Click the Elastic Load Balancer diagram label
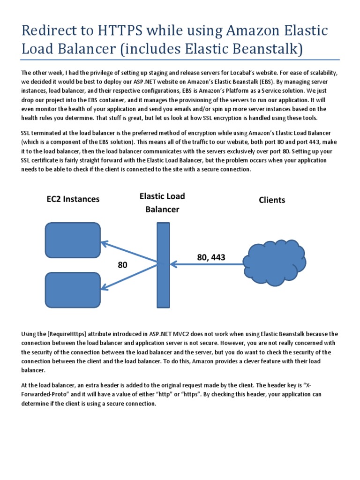point(162,202)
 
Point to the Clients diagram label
point(272,200)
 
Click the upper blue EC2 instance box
point(72,239)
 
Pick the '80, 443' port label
point(211,257)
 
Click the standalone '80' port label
point(122,265)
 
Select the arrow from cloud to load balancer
point(207,265)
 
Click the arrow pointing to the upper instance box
point(128,253)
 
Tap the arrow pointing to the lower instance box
point(128,277)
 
